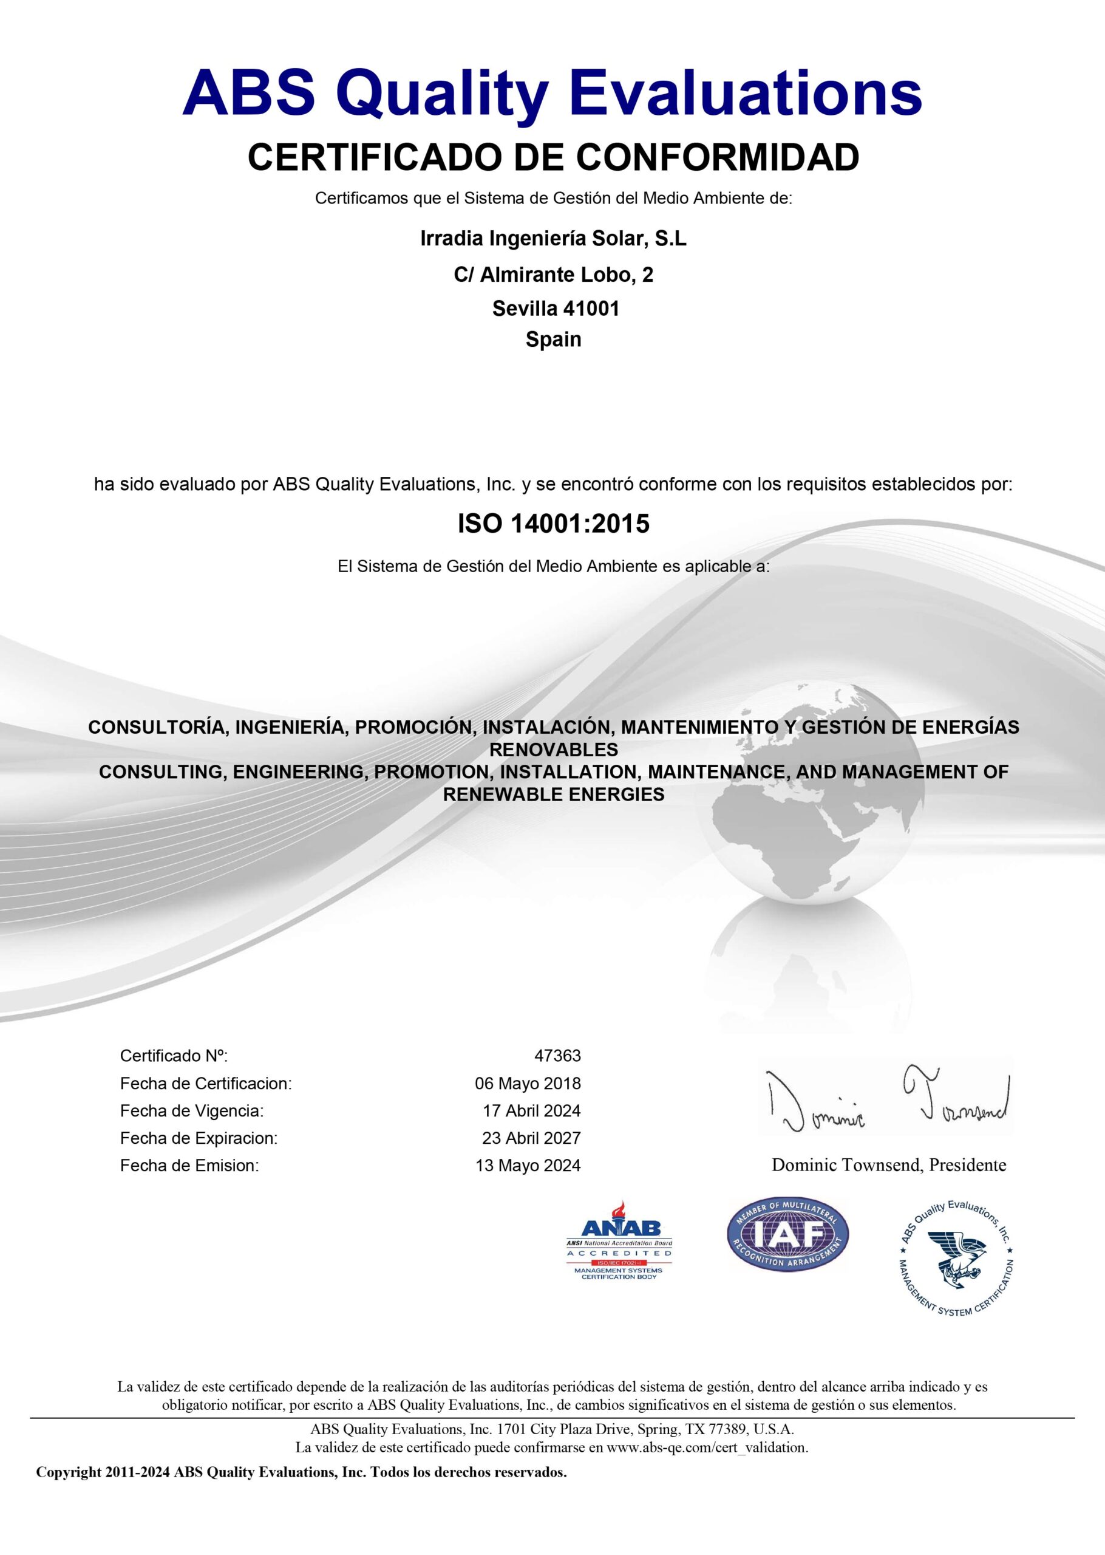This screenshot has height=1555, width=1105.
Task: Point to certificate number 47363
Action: pyautogui.click(x=557, y=1056)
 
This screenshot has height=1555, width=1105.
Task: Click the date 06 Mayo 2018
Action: pyautogui.click(x=528, y=1084)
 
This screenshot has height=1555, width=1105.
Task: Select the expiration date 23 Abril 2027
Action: pyautogui.click(x=531, y=1138)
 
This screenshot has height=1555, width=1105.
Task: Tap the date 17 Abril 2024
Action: pyautogui.click(x=531, y=1110)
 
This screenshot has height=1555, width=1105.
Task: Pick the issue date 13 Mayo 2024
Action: pyautogui.click(x=528, y=1166)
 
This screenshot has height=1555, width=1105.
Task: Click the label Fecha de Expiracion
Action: pyautogui.click(x=199, y=1138)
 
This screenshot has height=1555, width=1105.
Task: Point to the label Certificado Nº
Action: pyautogui.click(x=174, y=1056)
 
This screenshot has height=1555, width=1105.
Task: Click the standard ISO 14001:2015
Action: pyautogui.click(x=553, y=524)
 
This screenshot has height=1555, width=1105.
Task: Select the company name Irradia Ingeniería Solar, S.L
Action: pyautogui.click(x=553, y=239)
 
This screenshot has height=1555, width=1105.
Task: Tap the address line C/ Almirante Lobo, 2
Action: pyautogui.click(x=553, y=275)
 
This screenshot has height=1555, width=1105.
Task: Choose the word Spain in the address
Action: pyautogui.click(x=553, y=340)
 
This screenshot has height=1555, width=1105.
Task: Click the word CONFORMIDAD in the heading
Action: pyautogui.click(x=718, y=157)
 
